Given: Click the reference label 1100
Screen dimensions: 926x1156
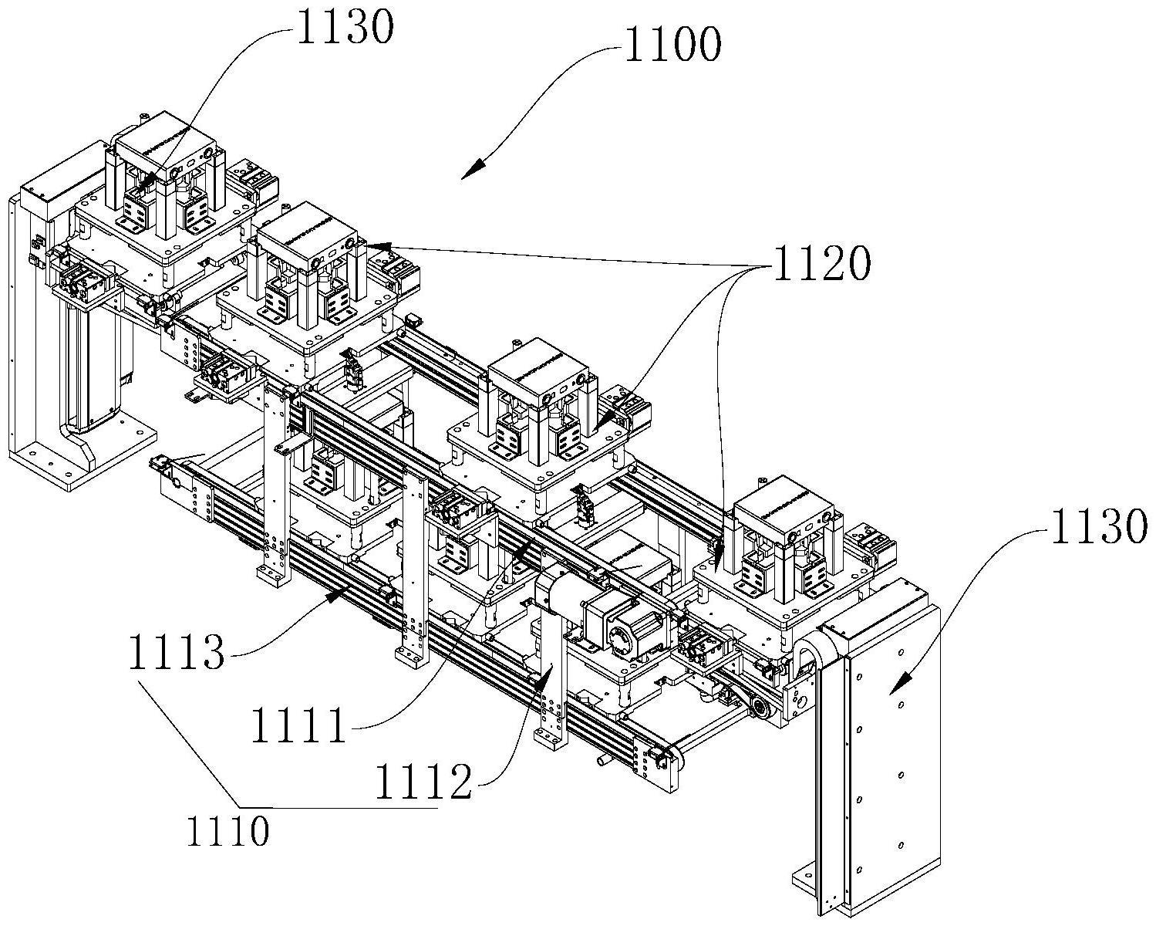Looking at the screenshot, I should click(x=672, y=46).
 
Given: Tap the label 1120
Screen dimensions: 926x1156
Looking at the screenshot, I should click(x=822, y=265).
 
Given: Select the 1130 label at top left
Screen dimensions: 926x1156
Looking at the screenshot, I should click(x=345, y=29).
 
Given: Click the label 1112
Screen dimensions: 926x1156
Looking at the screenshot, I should click(x=423, y=784).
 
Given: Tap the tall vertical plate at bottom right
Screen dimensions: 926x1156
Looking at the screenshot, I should click(x=893, y=772).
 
